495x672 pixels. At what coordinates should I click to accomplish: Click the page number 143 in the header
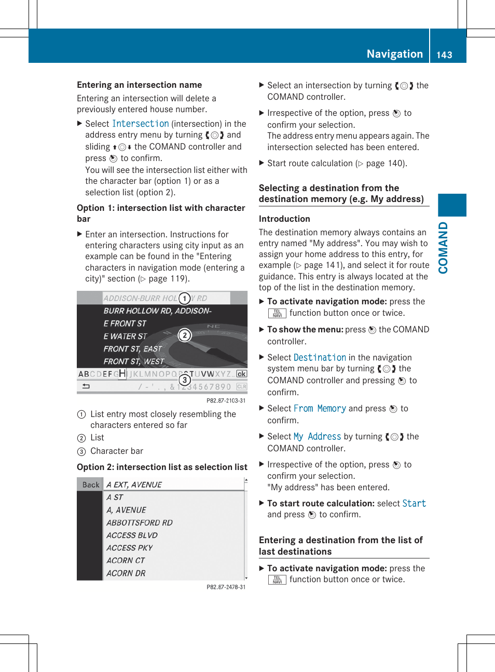coord(444,55)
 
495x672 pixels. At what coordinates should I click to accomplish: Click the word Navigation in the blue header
coord(394,54)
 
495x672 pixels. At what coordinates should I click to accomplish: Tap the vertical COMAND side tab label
coord(443,248)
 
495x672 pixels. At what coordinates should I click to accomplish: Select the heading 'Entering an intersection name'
coord(139,85)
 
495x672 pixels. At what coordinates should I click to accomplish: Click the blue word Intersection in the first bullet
coord(140,124)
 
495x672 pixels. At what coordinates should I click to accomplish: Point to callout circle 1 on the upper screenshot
coord(184,298)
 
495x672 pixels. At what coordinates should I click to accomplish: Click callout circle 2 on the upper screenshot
coord(184,335)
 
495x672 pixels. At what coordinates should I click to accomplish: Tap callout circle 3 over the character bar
coord(184,380)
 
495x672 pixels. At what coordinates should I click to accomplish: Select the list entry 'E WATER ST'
coord(125,336)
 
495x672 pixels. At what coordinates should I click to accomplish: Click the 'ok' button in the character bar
coord(241,374)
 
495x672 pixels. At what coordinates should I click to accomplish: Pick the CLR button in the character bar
coord(241,386)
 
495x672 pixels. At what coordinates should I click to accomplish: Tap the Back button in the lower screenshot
coord(90,485)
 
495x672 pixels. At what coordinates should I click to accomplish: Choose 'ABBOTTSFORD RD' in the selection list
coord(139,522)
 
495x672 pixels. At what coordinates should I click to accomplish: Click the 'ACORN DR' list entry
coord(126,573)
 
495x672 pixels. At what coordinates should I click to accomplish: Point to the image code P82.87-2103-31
coord(226,400)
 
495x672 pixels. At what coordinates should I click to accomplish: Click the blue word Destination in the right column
coord(320,357)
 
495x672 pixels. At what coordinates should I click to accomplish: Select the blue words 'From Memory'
coord(320,408)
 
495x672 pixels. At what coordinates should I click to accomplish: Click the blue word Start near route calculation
coord(414,503)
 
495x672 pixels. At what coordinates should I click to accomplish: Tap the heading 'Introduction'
coord(284,219)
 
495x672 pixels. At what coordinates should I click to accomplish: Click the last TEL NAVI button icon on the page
coord(277,580)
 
